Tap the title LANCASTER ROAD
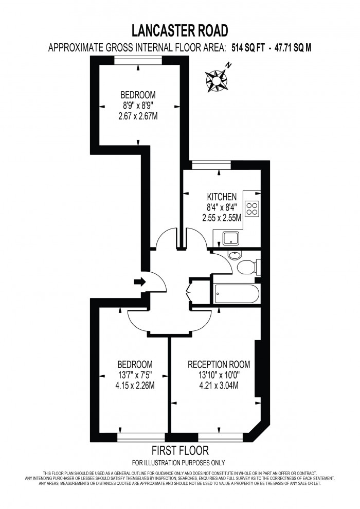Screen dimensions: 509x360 (x=179, y=31)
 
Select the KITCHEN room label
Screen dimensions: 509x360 (x=222, y=197)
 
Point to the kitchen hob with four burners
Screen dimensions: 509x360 (x=252, y=208)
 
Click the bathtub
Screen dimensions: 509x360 (x=235, y=294)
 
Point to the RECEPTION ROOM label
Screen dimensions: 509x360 (x=219, y=364)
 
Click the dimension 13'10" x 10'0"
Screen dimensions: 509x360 (x=219, y=375)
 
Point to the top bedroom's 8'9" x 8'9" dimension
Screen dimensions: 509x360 (x=138, y=106)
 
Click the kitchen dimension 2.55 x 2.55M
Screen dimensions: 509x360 (x=222, y=218)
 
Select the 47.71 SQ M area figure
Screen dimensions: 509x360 (x=290, y=48)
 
